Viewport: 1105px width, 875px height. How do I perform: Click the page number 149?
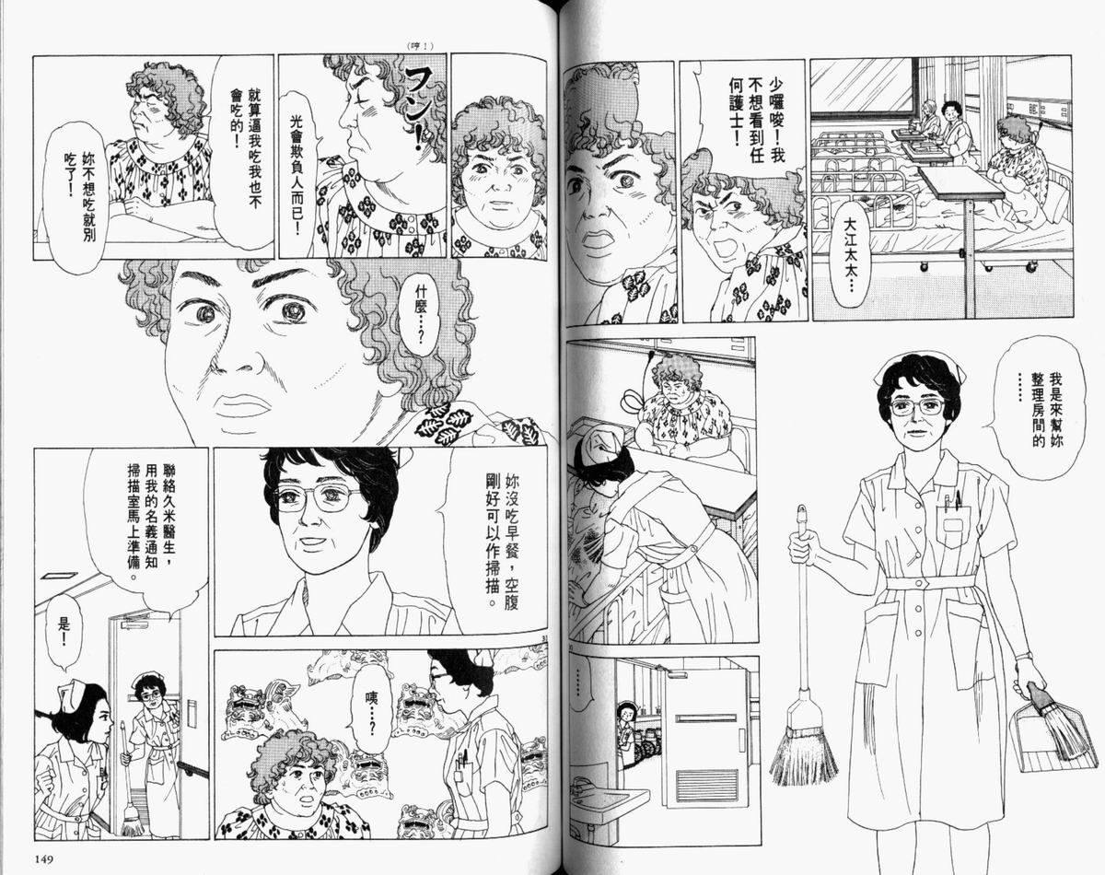pyautogui.click(x=44, y=858)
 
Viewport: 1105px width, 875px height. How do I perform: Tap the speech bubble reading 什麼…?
pyautogui.click(x=417, y=317)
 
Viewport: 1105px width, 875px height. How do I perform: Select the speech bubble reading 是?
pyautogui.click(x=64, y=633)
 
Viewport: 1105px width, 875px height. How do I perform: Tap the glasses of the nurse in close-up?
pyautogui.click(x=318, y=498)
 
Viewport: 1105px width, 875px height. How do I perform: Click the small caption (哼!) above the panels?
pyautogui.click(x=419, y=46)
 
